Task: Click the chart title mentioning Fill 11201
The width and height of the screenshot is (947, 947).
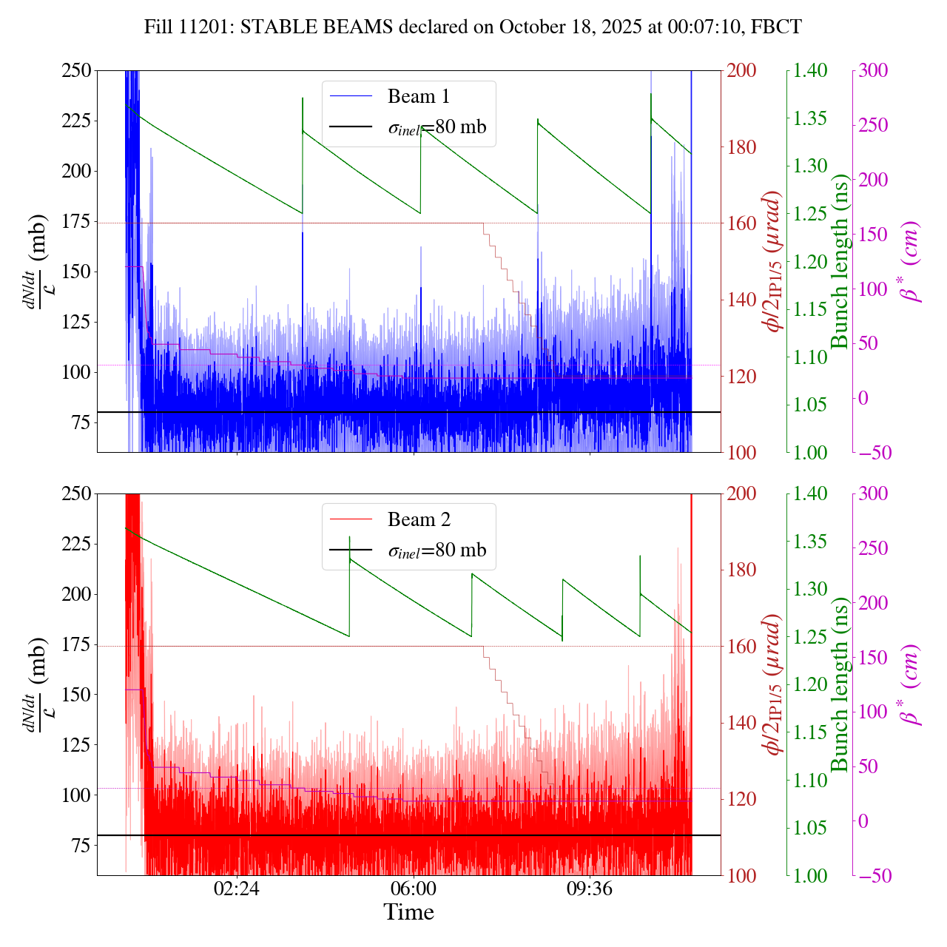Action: tap(473, 27)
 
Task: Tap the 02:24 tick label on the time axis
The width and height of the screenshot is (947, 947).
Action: tap(236, 889)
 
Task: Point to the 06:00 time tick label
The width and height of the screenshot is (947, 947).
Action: tap(413, 889)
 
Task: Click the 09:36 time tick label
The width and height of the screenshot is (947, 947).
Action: tap(589, 889)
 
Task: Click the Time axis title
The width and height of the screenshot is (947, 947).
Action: tap(408, 912)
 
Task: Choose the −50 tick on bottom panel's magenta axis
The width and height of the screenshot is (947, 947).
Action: tap(877, 876)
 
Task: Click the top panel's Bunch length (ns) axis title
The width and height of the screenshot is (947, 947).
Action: tap(840, 261)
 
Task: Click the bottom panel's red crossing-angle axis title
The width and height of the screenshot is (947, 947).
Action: tap(774, 684)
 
